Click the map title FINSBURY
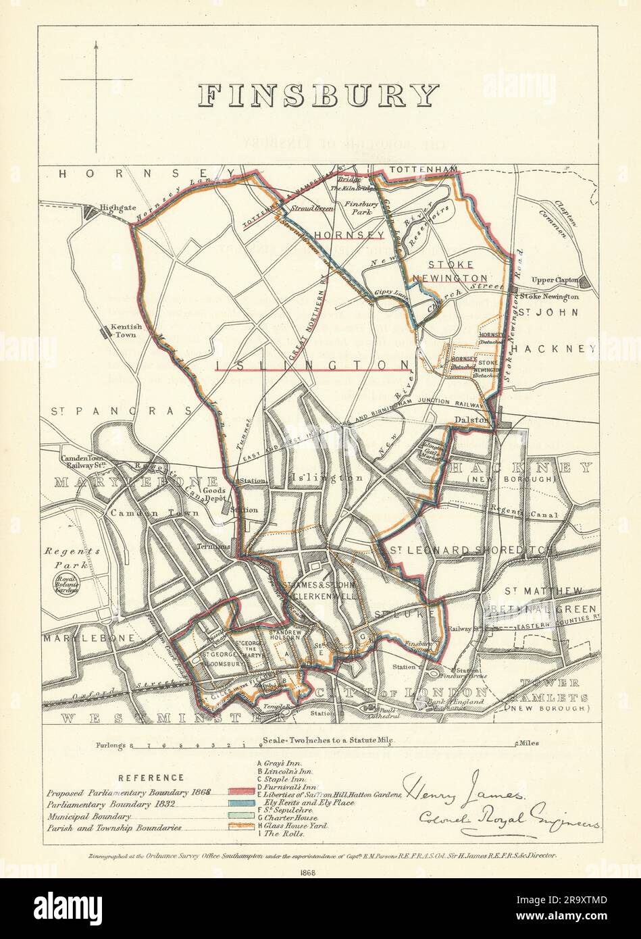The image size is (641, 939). pyautogui.click(x=319, y=97)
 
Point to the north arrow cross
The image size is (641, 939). pyautogui.click(x=97, y=80)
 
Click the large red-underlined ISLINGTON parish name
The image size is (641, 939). pyautogui.click(x=313, y=365)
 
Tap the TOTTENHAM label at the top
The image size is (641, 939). pyautogui.click(x=413, y=168)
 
